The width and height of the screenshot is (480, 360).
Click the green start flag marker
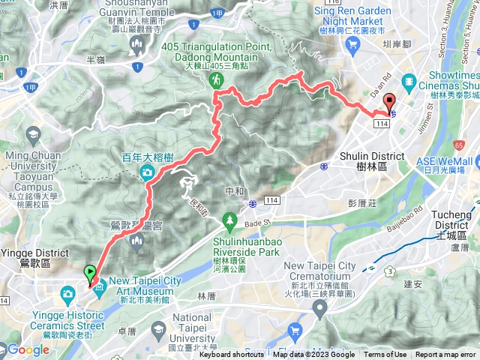point(90,274)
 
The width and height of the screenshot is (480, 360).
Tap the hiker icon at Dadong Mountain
point(216,78)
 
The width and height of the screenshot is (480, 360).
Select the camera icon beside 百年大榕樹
point(147,151)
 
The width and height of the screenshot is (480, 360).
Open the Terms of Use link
point(385,355)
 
